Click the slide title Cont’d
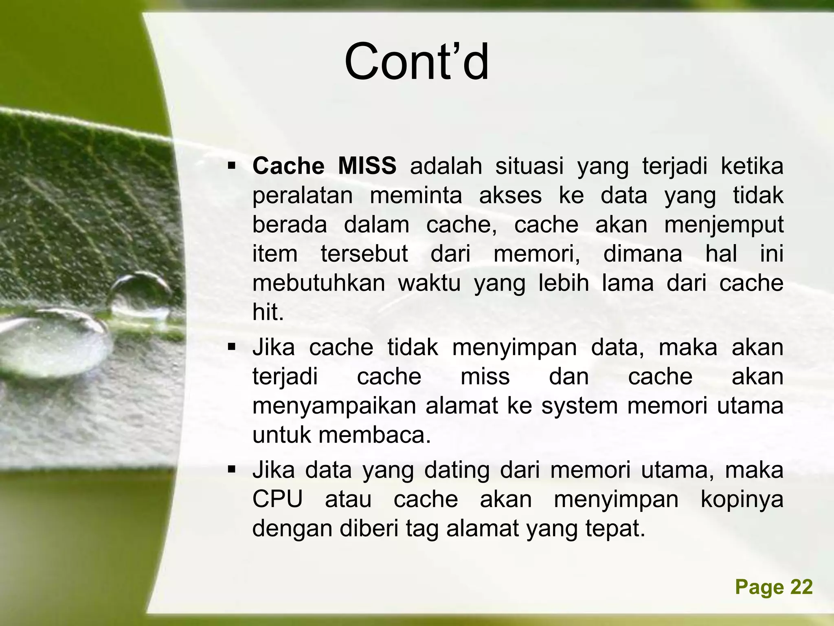pyautogui.click(x=416, y=62)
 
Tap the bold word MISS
pyautogui.click(x=367, y=166)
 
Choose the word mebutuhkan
pyautogui.click(x=318, y=283)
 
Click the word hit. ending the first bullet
pyautogui.click(x=268, y=313)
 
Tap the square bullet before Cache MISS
pyautogui.click(x=232, y=166)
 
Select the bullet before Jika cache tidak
pyautogui.click(x=232, y=348)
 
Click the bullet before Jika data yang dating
pyautogui.click(x=232, y=470)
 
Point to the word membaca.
pyautogui.click(x=374, y=435)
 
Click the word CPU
pyautogui.click(x=278, y=499)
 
